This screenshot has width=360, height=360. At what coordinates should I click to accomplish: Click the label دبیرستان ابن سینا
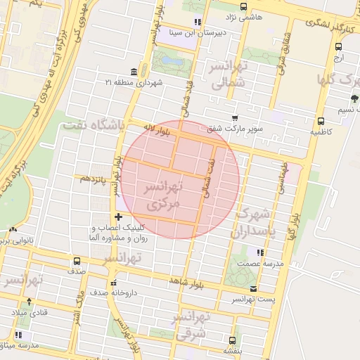tap(197, 32)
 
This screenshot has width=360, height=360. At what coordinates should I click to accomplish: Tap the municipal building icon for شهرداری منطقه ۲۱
tap(134, 72)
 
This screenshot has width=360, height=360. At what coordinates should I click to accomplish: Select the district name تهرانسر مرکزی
tap(162, 195)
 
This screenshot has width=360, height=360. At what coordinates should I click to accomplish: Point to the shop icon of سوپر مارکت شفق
tap(234, 118)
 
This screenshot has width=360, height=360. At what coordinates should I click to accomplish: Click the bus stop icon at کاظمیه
tap(321, 121)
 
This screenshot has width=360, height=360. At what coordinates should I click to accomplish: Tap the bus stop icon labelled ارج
tap(339, 47)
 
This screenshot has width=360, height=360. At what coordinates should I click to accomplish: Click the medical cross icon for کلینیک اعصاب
tap(118, 217)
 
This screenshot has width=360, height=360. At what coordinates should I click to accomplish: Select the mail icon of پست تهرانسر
tap(253, 289)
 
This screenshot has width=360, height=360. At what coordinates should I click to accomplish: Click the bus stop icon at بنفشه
tap(233, 338)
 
